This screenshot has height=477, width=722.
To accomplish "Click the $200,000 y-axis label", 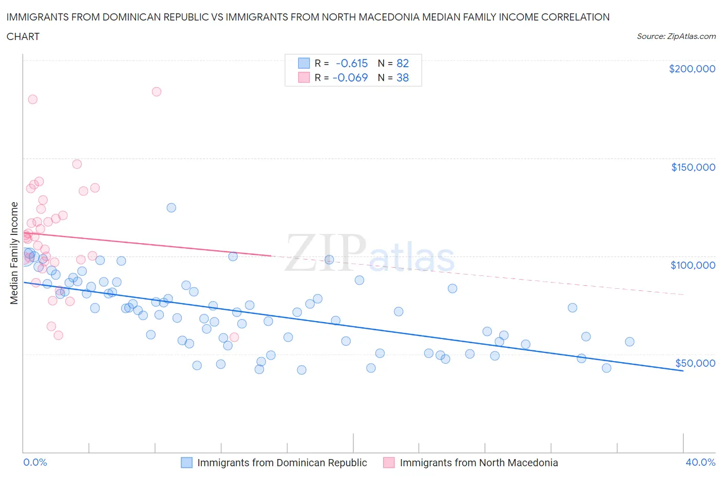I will pos(692,69).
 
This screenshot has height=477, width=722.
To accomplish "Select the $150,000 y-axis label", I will pos(693,167).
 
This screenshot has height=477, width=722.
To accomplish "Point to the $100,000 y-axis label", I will pos(693,265).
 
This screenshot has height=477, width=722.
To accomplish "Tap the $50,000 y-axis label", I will pos(695,363).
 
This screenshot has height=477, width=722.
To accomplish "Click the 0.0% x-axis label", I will pos(35,462).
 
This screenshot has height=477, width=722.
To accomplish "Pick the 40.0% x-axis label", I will pos(700,462).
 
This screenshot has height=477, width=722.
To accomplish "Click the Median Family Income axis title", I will pos(14,253).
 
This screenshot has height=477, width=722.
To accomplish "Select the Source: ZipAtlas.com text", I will pos(676,36).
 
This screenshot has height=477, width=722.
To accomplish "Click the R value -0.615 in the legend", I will pos(352,63).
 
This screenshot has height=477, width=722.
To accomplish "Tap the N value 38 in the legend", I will pos(403,77).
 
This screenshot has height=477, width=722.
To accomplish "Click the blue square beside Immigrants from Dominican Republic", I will pos(186,463).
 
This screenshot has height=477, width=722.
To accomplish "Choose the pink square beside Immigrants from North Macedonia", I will pos(389,463).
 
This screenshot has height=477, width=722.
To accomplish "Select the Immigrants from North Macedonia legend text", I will pos(479,463).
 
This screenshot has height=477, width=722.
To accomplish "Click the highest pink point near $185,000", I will pos(157,92).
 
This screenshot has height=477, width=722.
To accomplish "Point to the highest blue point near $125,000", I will pos(172,208).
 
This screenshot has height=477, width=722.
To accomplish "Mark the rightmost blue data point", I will pos(630,342).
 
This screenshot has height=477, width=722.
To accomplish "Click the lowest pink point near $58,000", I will pos(234,337).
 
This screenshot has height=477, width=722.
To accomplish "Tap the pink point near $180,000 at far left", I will pos(32,100).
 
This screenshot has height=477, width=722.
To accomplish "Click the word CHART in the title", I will pos(23,36).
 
